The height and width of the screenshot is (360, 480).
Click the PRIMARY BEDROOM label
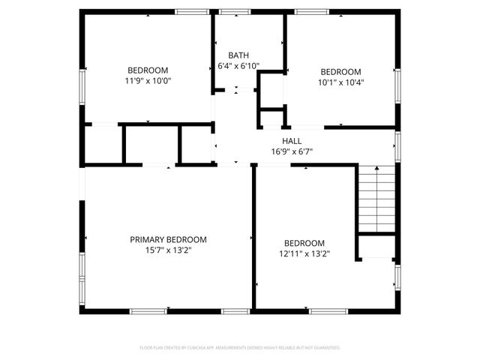click(x=168, y=240)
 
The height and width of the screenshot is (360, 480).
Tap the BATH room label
click(x=238, y=55)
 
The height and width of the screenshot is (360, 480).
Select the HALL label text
click(x=292, y=141)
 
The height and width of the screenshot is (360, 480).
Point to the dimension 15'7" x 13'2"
click(x=168, y=250)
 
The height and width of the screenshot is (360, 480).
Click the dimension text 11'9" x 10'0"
click(x=148, y=81)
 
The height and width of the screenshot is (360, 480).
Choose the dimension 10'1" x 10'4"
click(x=341, y=82)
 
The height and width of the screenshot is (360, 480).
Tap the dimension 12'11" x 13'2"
click(x=304, y=253)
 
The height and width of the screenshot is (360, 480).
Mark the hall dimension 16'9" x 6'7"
click(x=292, y=151)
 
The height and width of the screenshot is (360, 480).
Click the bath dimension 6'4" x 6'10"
click(x=238, y=66)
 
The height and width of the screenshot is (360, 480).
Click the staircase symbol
click(x=376, y=200)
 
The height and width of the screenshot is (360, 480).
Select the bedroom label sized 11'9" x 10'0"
click(x=148, y=70)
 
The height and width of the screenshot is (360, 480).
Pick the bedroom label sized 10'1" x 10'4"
click(x=341, y=72)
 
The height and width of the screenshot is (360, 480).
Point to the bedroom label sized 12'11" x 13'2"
click(x=304, y=243)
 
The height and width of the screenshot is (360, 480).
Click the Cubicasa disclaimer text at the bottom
click(x=240, y=348)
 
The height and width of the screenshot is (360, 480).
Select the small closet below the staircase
click(x=376, y=247)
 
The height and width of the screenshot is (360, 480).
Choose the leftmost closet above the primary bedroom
click(x=103, y=144)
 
